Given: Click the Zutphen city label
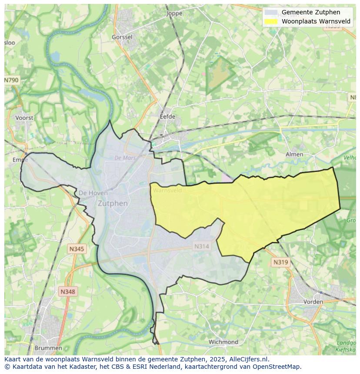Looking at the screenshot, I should (x=113, y=203).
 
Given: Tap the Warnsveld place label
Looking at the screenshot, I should (x=167, y=190).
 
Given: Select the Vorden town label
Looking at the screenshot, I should (x=313, y=301).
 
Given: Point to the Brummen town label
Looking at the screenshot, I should (x=48, y=348).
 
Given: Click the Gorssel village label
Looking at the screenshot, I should (x=122, y=37).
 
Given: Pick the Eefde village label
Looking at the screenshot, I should (x=167, y=116).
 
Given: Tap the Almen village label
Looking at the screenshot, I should (x=294, y=154).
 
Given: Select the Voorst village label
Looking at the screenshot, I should (x=24, y=118).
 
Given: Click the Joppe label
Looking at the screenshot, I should (x=174, y=13).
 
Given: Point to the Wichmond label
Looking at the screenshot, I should (x=223, y=342).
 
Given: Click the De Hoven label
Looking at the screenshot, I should (x=90, y=193).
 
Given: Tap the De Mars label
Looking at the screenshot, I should (x=125, y=158).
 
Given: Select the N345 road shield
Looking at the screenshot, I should (x=77, y=249).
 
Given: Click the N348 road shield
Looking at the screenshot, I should (x=67, y=292).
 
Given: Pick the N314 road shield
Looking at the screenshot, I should (x=201, y=246).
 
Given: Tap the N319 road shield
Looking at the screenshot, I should (x=280, y=262).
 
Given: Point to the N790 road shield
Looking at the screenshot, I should (x=11, y=80).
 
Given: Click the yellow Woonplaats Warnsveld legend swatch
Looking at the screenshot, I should (x=271, y=21).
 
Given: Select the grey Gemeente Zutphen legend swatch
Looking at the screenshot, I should (x=271, y=12).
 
